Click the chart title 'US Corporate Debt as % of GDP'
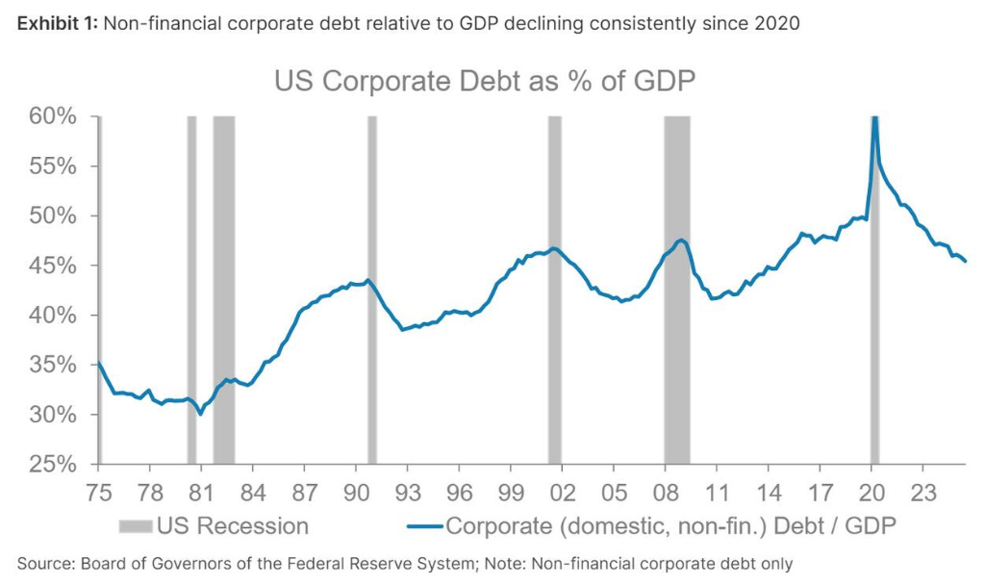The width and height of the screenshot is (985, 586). coord(484,81)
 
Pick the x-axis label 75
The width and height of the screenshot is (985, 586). coord(98,493)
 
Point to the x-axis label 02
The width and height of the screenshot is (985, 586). coord(562,493)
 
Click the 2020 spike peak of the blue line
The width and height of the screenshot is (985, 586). coord(874,118)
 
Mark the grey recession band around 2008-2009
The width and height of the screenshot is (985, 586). coord(677,289)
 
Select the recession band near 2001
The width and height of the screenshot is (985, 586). coord(554,289)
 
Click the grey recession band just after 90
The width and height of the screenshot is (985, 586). coord(372,289)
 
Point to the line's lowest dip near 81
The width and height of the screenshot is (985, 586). coord(200,414)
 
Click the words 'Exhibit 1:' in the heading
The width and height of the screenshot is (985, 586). coord(54,24)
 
